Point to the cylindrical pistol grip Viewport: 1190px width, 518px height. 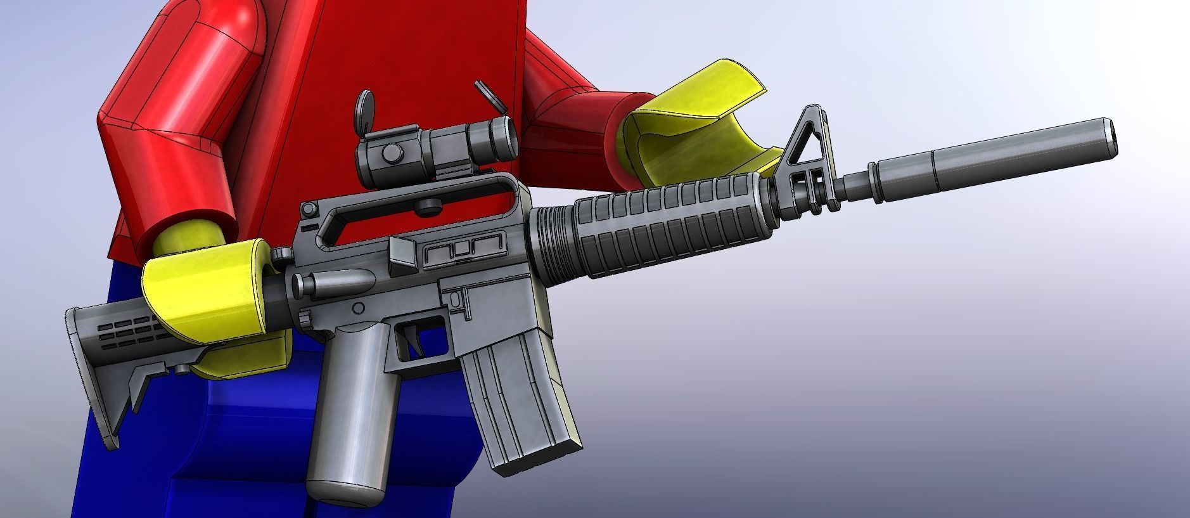[352, 412]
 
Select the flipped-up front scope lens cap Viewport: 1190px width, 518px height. [485, 92]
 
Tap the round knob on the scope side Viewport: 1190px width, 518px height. [392, 151]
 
